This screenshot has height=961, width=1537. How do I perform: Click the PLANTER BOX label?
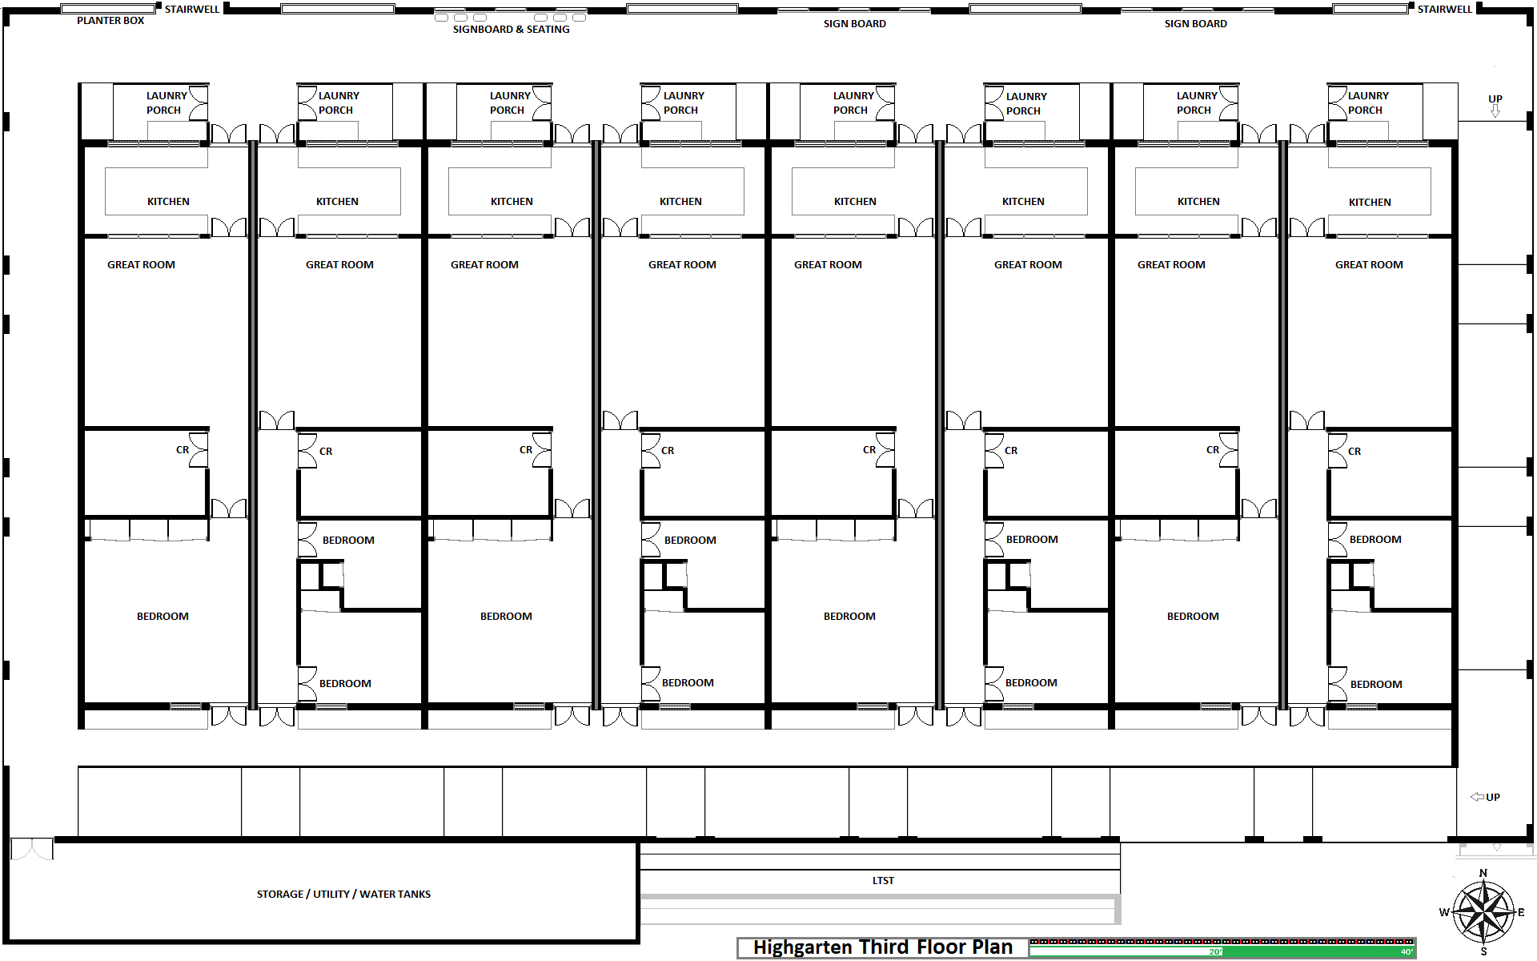(110, 21)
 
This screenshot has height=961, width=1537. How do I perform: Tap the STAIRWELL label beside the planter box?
(192, 10)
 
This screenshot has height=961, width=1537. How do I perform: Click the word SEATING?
(548, 30)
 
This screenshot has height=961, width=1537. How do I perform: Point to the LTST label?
(883, 881)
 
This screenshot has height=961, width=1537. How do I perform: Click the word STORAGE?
(280, 895)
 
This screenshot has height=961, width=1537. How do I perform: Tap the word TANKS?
(414, 895)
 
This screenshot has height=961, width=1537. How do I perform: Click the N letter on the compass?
(1483, 874)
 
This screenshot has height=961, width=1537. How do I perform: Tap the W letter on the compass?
(1444, 912)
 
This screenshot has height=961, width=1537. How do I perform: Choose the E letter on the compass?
(1521, 912)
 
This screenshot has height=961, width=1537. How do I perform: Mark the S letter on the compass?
(1483, 951)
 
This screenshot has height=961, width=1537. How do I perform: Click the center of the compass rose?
(1483, 912)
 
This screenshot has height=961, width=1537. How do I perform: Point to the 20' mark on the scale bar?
(1216, 952)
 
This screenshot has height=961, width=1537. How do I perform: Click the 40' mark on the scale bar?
(1407, 952)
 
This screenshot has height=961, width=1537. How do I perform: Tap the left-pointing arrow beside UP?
(1478, 797)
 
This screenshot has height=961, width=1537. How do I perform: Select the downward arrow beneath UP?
(1495, 111)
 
